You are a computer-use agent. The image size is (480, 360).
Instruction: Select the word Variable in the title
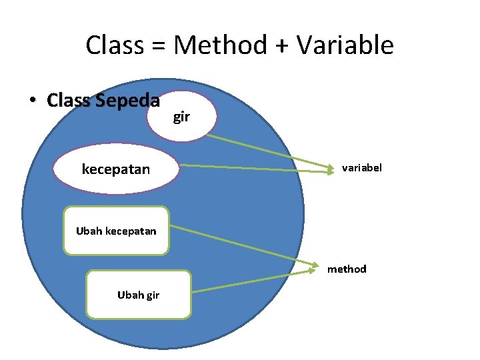[345, 45]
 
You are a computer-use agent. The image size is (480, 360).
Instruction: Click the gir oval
[182, 117]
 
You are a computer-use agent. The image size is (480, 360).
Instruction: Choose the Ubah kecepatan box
[116, 231]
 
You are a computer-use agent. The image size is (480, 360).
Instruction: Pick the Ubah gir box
[139, 295]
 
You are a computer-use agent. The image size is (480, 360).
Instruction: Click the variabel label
[362, 168]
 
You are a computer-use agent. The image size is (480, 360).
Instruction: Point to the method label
[347, 269]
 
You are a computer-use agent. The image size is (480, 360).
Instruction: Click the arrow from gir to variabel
[267, 152]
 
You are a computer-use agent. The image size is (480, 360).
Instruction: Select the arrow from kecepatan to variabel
[257, 168]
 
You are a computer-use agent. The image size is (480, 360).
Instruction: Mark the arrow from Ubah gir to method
[253, 281]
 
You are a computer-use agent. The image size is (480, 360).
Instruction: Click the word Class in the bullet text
[69, 101]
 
